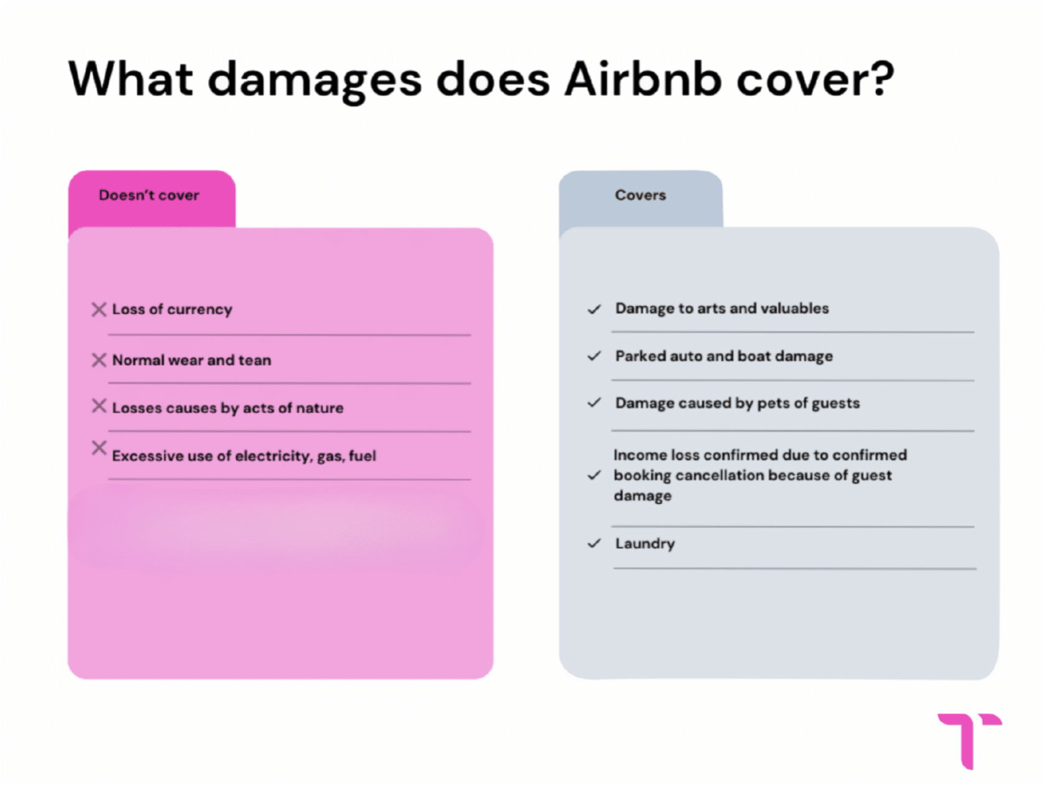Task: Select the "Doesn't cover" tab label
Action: point(149,195)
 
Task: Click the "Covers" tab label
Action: point(640,195)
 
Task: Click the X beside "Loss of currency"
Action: point(99,309)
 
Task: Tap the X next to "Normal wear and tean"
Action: point(99,360)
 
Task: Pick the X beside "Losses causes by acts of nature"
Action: point(99,406)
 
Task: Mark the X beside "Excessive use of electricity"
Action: point(99,448)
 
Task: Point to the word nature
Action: point(319,408)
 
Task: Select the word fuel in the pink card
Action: point(363,456)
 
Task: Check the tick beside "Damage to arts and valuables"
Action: point(594,309)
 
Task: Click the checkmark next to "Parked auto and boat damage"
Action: point(594,356)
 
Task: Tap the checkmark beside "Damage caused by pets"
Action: point(594,402)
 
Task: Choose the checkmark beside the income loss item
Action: point(594,475)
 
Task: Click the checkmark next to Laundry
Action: point(594,543)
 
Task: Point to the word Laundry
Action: point(645,544)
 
